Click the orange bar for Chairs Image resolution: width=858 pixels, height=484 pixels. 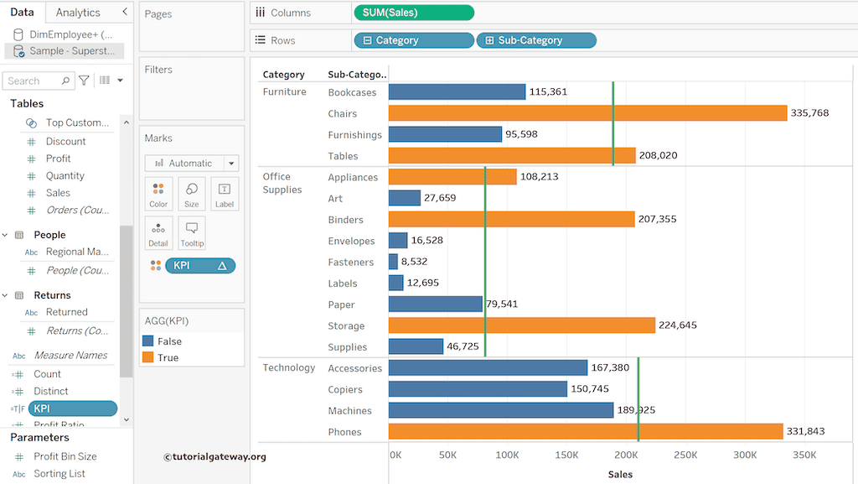pos(587,113)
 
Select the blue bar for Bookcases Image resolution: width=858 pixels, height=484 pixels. pos(457,92)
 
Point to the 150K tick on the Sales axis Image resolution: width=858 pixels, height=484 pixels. pos(566,455)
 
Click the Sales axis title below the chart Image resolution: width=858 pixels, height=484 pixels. pos(620,475)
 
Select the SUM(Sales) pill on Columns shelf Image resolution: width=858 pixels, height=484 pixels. pos(414,13)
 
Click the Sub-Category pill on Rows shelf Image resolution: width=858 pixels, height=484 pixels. pos(536,40)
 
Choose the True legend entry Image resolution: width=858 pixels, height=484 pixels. pos(168,357)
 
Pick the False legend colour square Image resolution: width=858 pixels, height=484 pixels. pos(148,341)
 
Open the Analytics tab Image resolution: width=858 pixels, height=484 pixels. pos(78,13)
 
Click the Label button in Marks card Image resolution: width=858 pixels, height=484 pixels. pos(225,193)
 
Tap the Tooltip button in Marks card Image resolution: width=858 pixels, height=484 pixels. pos(192,232)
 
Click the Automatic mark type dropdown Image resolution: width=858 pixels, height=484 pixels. pos(192,164)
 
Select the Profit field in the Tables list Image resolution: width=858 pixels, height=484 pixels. pos(59,159)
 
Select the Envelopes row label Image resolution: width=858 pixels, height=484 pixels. pos(351,241)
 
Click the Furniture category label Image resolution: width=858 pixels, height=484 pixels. pos(285,92)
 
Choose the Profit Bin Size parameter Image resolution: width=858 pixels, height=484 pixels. pos(65,456)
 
